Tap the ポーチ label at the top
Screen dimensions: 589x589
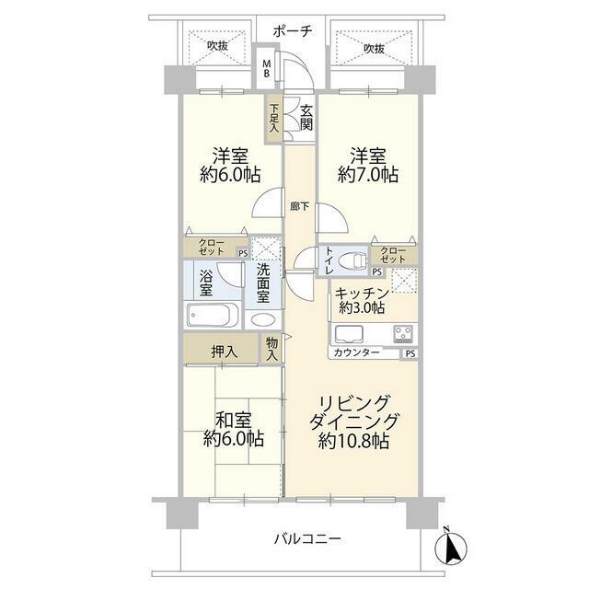(x=293, y=31)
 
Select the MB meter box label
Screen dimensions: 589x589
(x=266, y=69)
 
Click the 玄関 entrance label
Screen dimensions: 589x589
(x=306, y=118)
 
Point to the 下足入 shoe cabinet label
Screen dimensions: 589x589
(x=274, y=119)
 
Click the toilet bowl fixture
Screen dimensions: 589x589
(x=352, y=260)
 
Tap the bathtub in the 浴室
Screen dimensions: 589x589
(x=213, y=315)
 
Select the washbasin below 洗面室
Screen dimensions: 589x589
(x=262, y=319)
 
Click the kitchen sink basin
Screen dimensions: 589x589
(x=349, y=334)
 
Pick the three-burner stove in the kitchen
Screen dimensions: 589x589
(x=403, y=334)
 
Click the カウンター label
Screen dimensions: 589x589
(x=356, y=352)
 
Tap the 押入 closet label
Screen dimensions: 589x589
(x=224, y=352)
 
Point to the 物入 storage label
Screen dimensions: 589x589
(x=271, y=349)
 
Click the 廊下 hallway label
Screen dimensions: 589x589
(x=299, y=206)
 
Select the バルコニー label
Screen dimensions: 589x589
(x=307, y=539)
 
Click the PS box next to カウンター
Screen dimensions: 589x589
(x=410, y=353)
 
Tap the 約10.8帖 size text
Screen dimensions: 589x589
(x=353, y=441)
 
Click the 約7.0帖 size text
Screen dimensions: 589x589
(x=368, y=175)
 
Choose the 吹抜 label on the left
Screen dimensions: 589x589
(x=217, y=46)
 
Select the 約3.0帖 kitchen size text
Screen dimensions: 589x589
(x=362, y=308)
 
